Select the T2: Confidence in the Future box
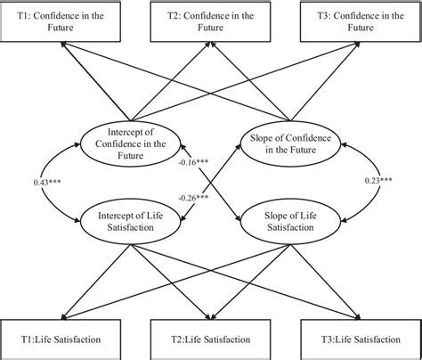211,21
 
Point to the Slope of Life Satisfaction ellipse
289,220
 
